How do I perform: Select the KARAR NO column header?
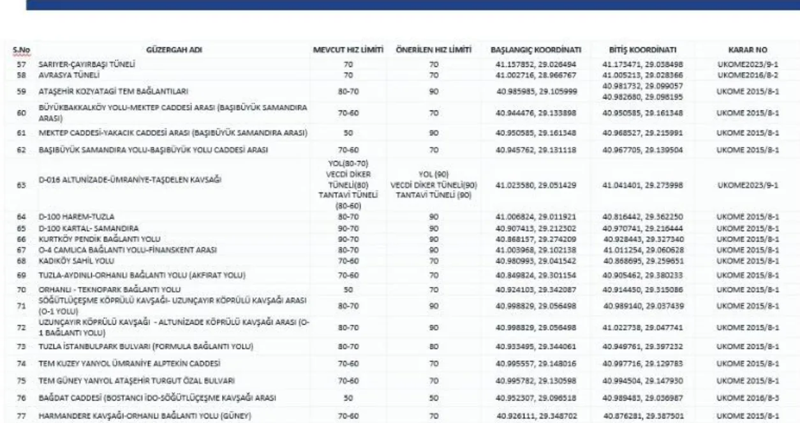point(747,49)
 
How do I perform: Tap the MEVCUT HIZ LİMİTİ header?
point(348,49)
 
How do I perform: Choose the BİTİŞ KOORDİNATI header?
point(642,49)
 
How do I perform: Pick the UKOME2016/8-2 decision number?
point(747,75)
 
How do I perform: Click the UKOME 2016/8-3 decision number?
point(747,397)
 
